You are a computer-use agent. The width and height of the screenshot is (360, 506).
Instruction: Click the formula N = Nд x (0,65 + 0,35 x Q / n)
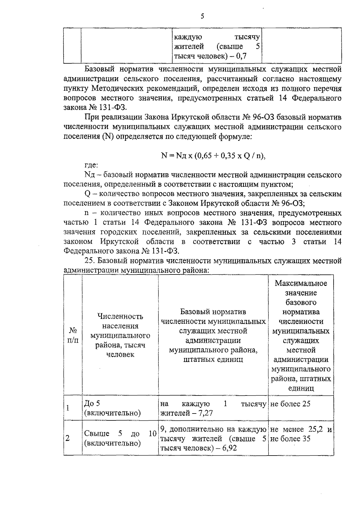point(213,155)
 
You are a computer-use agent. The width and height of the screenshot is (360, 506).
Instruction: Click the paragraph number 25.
point(89,260)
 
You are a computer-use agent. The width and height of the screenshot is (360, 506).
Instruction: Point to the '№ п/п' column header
point(73,335)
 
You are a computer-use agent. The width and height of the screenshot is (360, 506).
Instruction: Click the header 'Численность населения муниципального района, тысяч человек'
point(120,335)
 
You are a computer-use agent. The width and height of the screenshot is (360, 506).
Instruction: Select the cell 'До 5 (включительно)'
point(112,408)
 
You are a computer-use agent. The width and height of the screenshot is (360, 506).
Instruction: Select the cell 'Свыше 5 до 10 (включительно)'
point(120,438)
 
